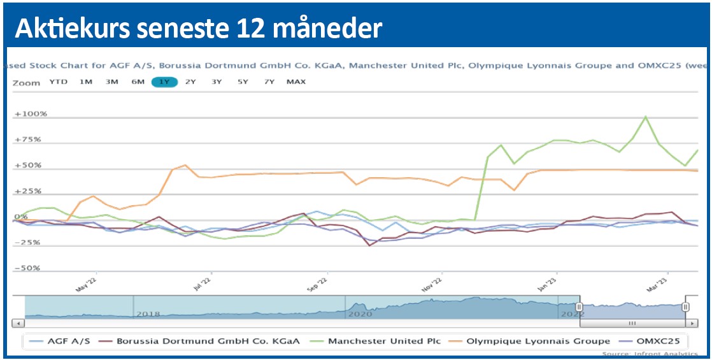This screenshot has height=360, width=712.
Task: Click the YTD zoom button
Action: tap(58, 82)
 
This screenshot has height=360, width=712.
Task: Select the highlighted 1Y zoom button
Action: tap(164, 82)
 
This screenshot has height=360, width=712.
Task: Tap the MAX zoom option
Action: tap(295, 82)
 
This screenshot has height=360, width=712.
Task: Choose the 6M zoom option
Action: tap(138, 82)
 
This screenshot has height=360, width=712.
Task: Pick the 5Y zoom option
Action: tap(243, 82)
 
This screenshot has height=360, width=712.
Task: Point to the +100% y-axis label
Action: tap(31, 114)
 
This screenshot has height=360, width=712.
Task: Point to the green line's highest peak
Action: tap(646, 117)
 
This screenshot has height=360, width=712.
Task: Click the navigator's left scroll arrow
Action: tap(18, 324)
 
